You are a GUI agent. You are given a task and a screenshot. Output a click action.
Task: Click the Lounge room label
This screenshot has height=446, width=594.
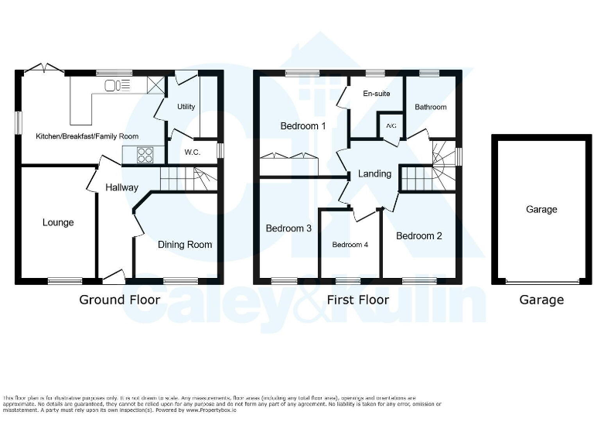click(x=58, y=223)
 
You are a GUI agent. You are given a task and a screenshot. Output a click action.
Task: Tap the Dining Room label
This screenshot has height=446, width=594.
click(x=185, y=245)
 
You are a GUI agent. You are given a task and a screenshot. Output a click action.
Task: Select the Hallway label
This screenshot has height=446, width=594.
click(x=121, y=187)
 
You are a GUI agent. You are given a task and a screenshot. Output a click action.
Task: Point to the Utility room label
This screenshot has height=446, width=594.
click(x=186, y=107)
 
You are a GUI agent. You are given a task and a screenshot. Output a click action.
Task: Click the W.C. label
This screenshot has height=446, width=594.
click(x=192, y=152)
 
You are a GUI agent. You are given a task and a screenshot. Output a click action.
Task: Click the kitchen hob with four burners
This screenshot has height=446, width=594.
click(x=145, y=154)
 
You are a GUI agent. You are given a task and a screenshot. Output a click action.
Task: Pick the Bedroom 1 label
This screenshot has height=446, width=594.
click(x=303, y=126)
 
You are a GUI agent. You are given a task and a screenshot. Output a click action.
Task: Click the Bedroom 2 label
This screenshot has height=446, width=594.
click(x=418, y=236)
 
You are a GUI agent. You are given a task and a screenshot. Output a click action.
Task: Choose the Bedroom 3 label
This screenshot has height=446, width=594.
click(x=288, y=229)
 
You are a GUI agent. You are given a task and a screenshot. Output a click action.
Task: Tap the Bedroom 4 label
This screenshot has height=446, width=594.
click(x=350, y=245)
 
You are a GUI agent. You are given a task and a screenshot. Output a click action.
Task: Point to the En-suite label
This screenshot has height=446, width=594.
click(x=377, y=94)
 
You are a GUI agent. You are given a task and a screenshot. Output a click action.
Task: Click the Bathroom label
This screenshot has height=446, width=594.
click(x=431, y=108)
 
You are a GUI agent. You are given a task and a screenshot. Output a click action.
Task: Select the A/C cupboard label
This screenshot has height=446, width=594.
click(x=391, y=125)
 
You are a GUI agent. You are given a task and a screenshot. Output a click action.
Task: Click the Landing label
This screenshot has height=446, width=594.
click(x=374, y=174)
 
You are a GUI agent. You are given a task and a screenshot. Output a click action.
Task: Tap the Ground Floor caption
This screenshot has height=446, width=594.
click(x=120, y=300)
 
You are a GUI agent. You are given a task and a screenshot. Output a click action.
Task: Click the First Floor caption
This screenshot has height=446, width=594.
click(x=358, y=300)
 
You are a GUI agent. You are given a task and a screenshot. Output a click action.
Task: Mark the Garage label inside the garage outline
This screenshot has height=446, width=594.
click(x=541, y=210)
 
